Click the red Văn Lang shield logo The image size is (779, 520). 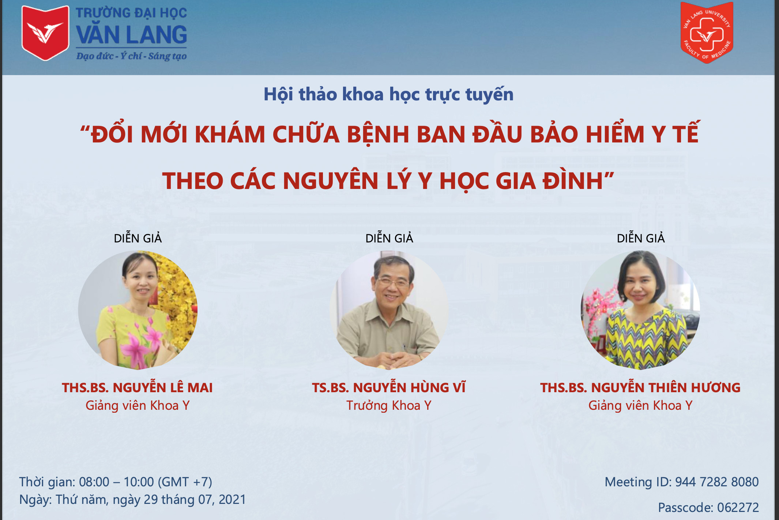pyautogui.click(x=45, y=33)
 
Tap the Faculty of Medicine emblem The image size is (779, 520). pyautogui.click(x=707, y=33)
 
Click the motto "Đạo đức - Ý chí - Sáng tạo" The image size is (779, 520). pyautogui.click(x=131, y=56)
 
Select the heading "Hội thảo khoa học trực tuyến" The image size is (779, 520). pyautogui.click(x=388, y=94)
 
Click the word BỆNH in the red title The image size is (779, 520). pyautogui.click(x=378, y=134)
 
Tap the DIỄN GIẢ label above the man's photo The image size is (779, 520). pyautogui.click(x=389, y=238)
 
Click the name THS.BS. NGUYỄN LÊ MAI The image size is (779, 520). pyautogui.click(x=137, y=387)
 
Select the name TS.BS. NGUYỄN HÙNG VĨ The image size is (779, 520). pyautogui.click(x=389, y=387)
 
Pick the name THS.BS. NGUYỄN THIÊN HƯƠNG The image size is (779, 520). pyautogui.click(x=640, y=387)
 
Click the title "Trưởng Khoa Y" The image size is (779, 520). pyautogui.click(x=389, y=405)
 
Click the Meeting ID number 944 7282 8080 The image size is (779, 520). pyautogui.click(x=717, y=482)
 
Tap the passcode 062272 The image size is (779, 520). pyautogui.click(x=738, y=508)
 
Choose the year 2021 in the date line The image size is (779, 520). pyautogui.click(x=232, y=499)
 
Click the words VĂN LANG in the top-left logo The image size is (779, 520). pyautogui.click(x=131, y=35)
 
